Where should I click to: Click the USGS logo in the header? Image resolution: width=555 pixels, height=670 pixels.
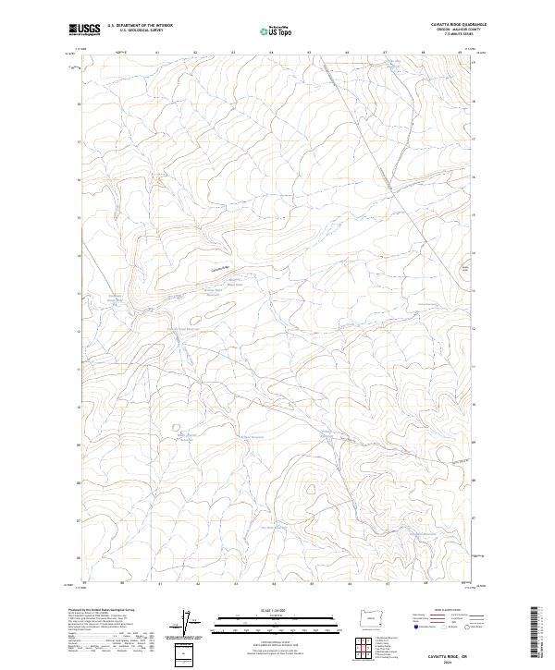tap(85, 29)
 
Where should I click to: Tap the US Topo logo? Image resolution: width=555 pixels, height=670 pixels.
tap(277, 30)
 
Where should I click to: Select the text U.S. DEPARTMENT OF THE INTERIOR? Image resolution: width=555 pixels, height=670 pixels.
tap(140, 25)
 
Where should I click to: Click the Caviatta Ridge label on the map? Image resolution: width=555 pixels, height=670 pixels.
tap(219, 268)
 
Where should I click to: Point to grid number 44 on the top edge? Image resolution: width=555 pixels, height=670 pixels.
tap(271, 53)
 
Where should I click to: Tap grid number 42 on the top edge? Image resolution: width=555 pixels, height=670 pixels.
tap(195, 53)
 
